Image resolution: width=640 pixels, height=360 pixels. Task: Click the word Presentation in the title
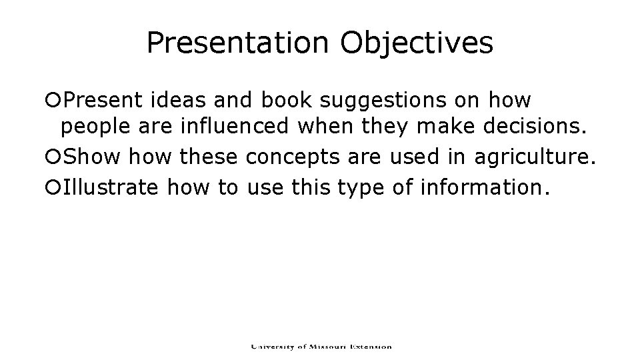click(x=237, y=43)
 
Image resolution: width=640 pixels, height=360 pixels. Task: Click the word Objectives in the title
click(x=417, y=43)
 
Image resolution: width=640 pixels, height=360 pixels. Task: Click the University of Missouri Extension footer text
click(x=321, y=347)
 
